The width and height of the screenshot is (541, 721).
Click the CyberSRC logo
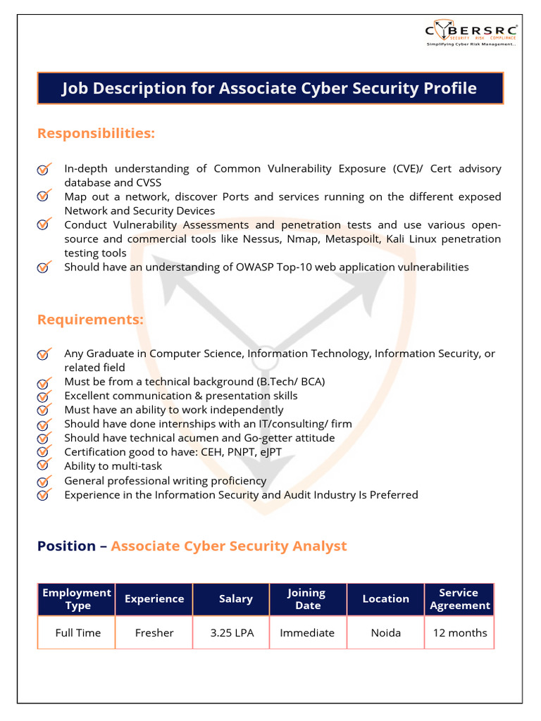[x=471, y=33]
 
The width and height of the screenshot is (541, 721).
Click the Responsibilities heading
[x=96, y=133]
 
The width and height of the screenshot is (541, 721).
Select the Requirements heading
[x=90, y=320]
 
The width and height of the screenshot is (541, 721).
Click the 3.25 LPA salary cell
[x=232, y=632]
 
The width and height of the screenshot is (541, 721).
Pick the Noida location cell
[x=385, y=632]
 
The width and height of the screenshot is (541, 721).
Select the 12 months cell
[x=459, y=632]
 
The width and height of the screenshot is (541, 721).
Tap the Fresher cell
[x=154, y=632]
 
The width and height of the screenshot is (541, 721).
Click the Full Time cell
[x=77, y=632]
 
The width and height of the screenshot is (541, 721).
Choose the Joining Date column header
[x=307, y=598]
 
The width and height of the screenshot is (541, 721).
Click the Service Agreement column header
[x=459, y=598]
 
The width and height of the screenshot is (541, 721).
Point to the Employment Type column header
[x=77, y=598]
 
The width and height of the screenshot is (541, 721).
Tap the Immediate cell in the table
[x=307, y=632]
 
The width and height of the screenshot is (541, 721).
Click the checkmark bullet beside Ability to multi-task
[x=44, y=465]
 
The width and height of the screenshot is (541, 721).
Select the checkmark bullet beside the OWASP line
[x=44, y=267]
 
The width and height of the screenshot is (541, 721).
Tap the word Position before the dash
[x=66, y=546]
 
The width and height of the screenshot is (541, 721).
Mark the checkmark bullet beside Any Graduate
[x=44, y=354]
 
